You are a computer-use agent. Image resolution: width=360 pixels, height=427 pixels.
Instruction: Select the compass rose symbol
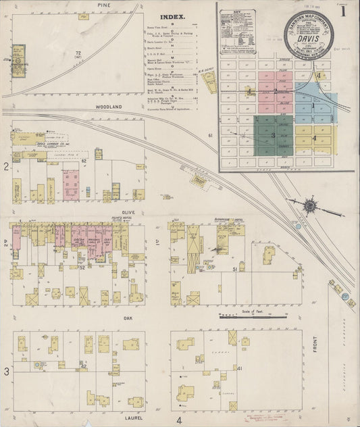[311, 205]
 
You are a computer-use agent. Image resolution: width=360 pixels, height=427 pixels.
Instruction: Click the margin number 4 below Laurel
[179, 420]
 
